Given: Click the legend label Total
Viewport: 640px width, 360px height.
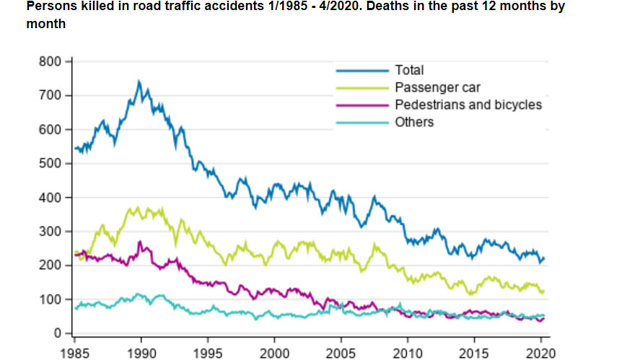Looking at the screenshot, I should (409, 71).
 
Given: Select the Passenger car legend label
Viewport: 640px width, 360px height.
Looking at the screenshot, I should (437, 88).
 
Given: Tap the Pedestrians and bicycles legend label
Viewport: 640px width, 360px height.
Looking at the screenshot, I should (468, 105).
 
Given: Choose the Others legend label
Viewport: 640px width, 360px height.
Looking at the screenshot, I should (414, 123).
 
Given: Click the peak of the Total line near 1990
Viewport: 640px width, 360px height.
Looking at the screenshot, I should (139, 82).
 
